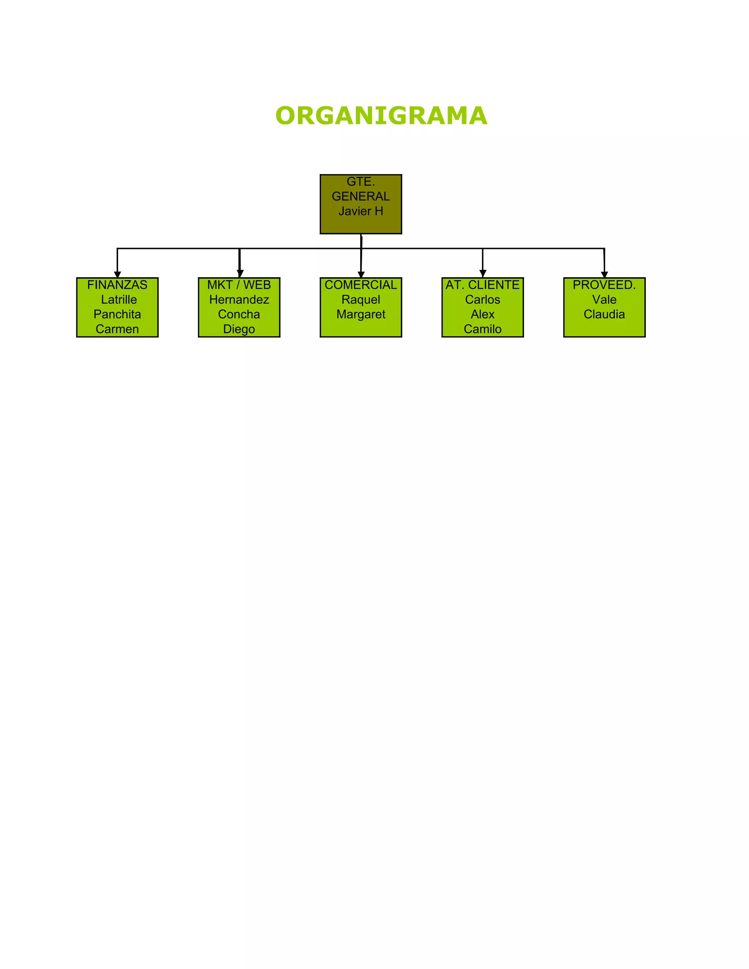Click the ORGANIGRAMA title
(x=381, y=116)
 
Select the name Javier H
(x=360, y=211)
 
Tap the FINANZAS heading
(x=117, y=285)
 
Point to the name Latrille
(x=118, y=299)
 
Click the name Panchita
(x=117, y=314)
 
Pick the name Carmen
(x=117, y=329)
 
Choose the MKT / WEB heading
(x=239, y=285)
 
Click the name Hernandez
(x=239, y=299)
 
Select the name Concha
(x=239, y=314)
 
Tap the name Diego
(x=239, y=329)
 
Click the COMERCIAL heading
(x=360, y=285)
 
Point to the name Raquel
(x=360, y=299)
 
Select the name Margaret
(x=361, y=314)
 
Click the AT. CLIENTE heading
(x=482, y=285)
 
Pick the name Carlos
(x=482, y=299)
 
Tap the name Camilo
(x=482, y=329)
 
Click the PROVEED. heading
(x=604, y=285)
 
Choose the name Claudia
(x=604, y=314)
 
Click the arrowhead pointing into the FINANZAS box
(x=117, y=274)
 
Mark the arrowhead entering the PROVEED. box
(x=604, y=274)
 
